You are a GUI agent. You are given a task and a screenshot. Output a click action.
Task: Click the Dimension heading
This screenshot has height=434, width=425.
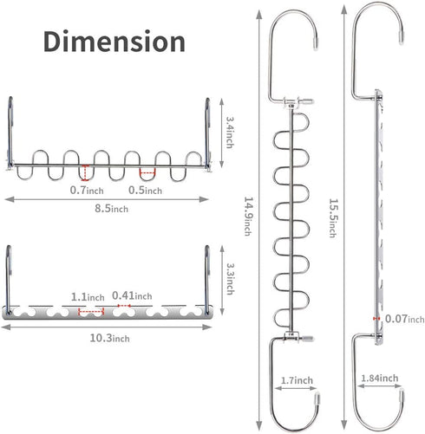coord(114,42)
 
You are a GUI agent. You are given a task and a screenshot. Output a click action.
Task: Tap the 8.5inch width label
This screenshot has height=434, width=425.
coord(112,208)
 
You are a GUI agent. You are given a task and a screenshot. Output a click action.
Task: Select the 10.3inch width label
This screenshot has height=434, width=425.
coord(109,338)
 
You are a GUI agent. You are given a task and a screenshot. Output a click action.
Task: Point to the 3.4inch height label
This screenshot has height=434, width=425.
coord(230,133)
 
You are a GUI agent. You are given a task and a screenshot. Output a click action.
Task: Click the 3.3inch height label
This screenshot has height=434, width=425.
coord(230,279)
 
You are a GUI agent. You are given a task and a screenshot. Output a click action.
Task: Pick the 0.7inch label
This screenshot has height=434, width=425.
coord(87,190)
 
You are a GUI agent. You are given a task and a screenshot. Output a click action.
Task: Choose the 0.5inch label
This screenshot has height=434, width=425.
coord(145,190)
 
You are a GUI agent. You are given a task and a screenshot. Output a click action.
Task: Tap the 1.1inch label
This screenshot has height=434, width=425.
coord(88,297)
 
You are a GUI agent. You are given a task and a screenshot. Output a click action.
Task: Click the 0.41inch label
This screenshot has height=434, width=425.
coord(132,295)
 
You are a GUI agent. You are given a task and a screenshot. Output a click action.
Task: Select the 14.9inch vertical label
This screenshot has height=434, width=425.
coord(249,217)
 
